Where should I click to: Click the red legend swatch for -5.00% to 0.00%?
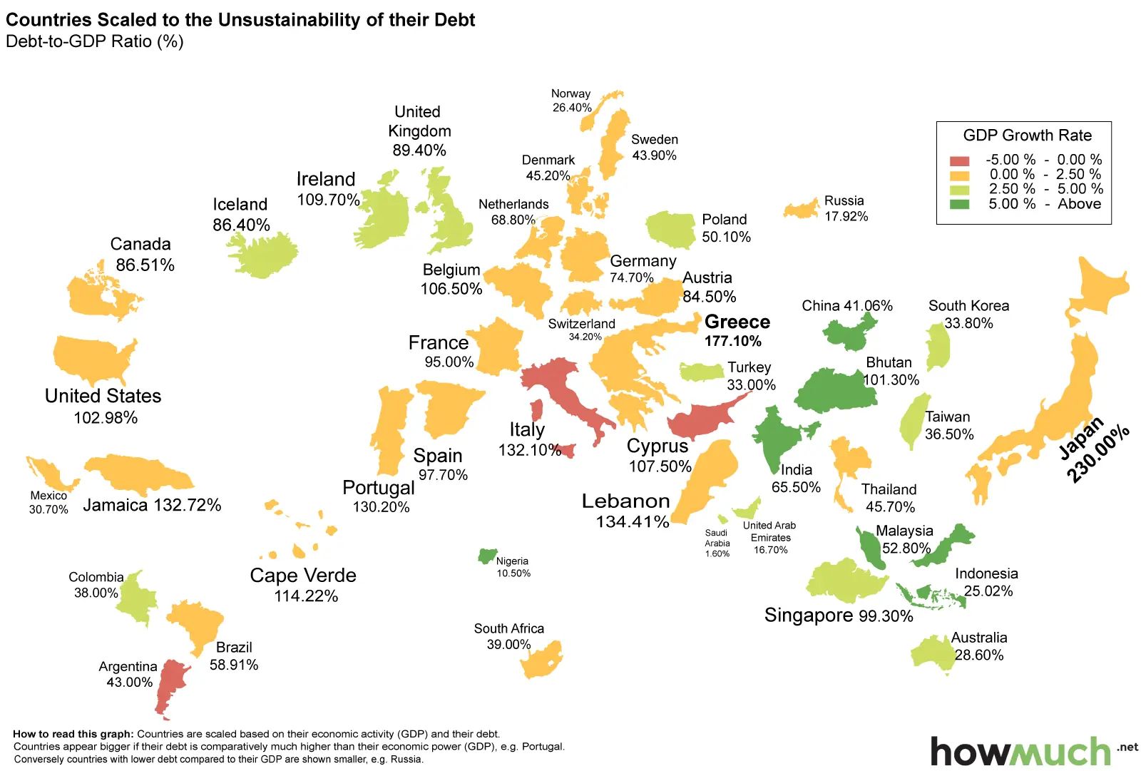point(960,160)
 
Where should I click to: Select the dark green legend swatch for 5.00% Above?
point(960,205)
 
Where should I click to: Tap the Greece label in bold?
point(737,322)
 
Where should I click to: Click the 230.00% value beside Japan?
point(1099,454)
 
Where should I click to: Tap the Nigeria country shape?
point(488,556)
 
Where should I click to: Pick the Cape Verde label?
point(303,576)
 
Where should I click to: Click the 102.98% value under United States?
point(106,418)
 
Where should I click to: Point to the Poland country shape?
point(671,229)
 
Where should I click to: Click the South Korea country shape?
point(938,347)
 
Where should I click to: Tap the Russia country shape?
point(802,209)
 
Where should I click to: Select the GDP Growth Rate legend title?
point(1027,136)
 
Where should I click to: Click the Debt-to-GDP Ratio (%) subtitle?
point(95,41)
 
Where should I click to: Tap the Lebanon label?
point(625,501)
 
